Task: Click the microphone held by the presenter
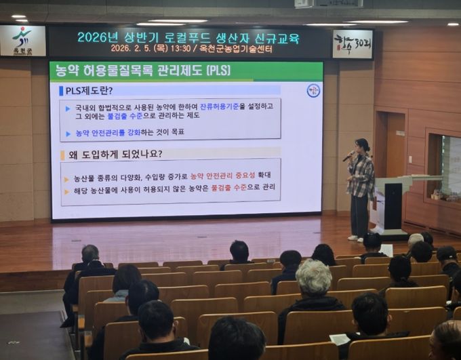point(348,157)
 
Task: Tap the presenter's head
point(362,145)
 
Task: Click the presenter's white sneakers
point(355,238)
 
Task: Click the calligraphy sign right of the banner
point(353,43)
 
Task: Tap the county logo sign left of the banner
point(22,41)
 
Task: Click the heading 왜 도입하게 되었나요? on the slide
point(115,154)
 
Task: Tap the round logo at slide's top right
point(313,90)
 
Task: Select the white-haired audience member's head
point(314,276)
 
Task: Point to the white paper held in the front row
point(339,338)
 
